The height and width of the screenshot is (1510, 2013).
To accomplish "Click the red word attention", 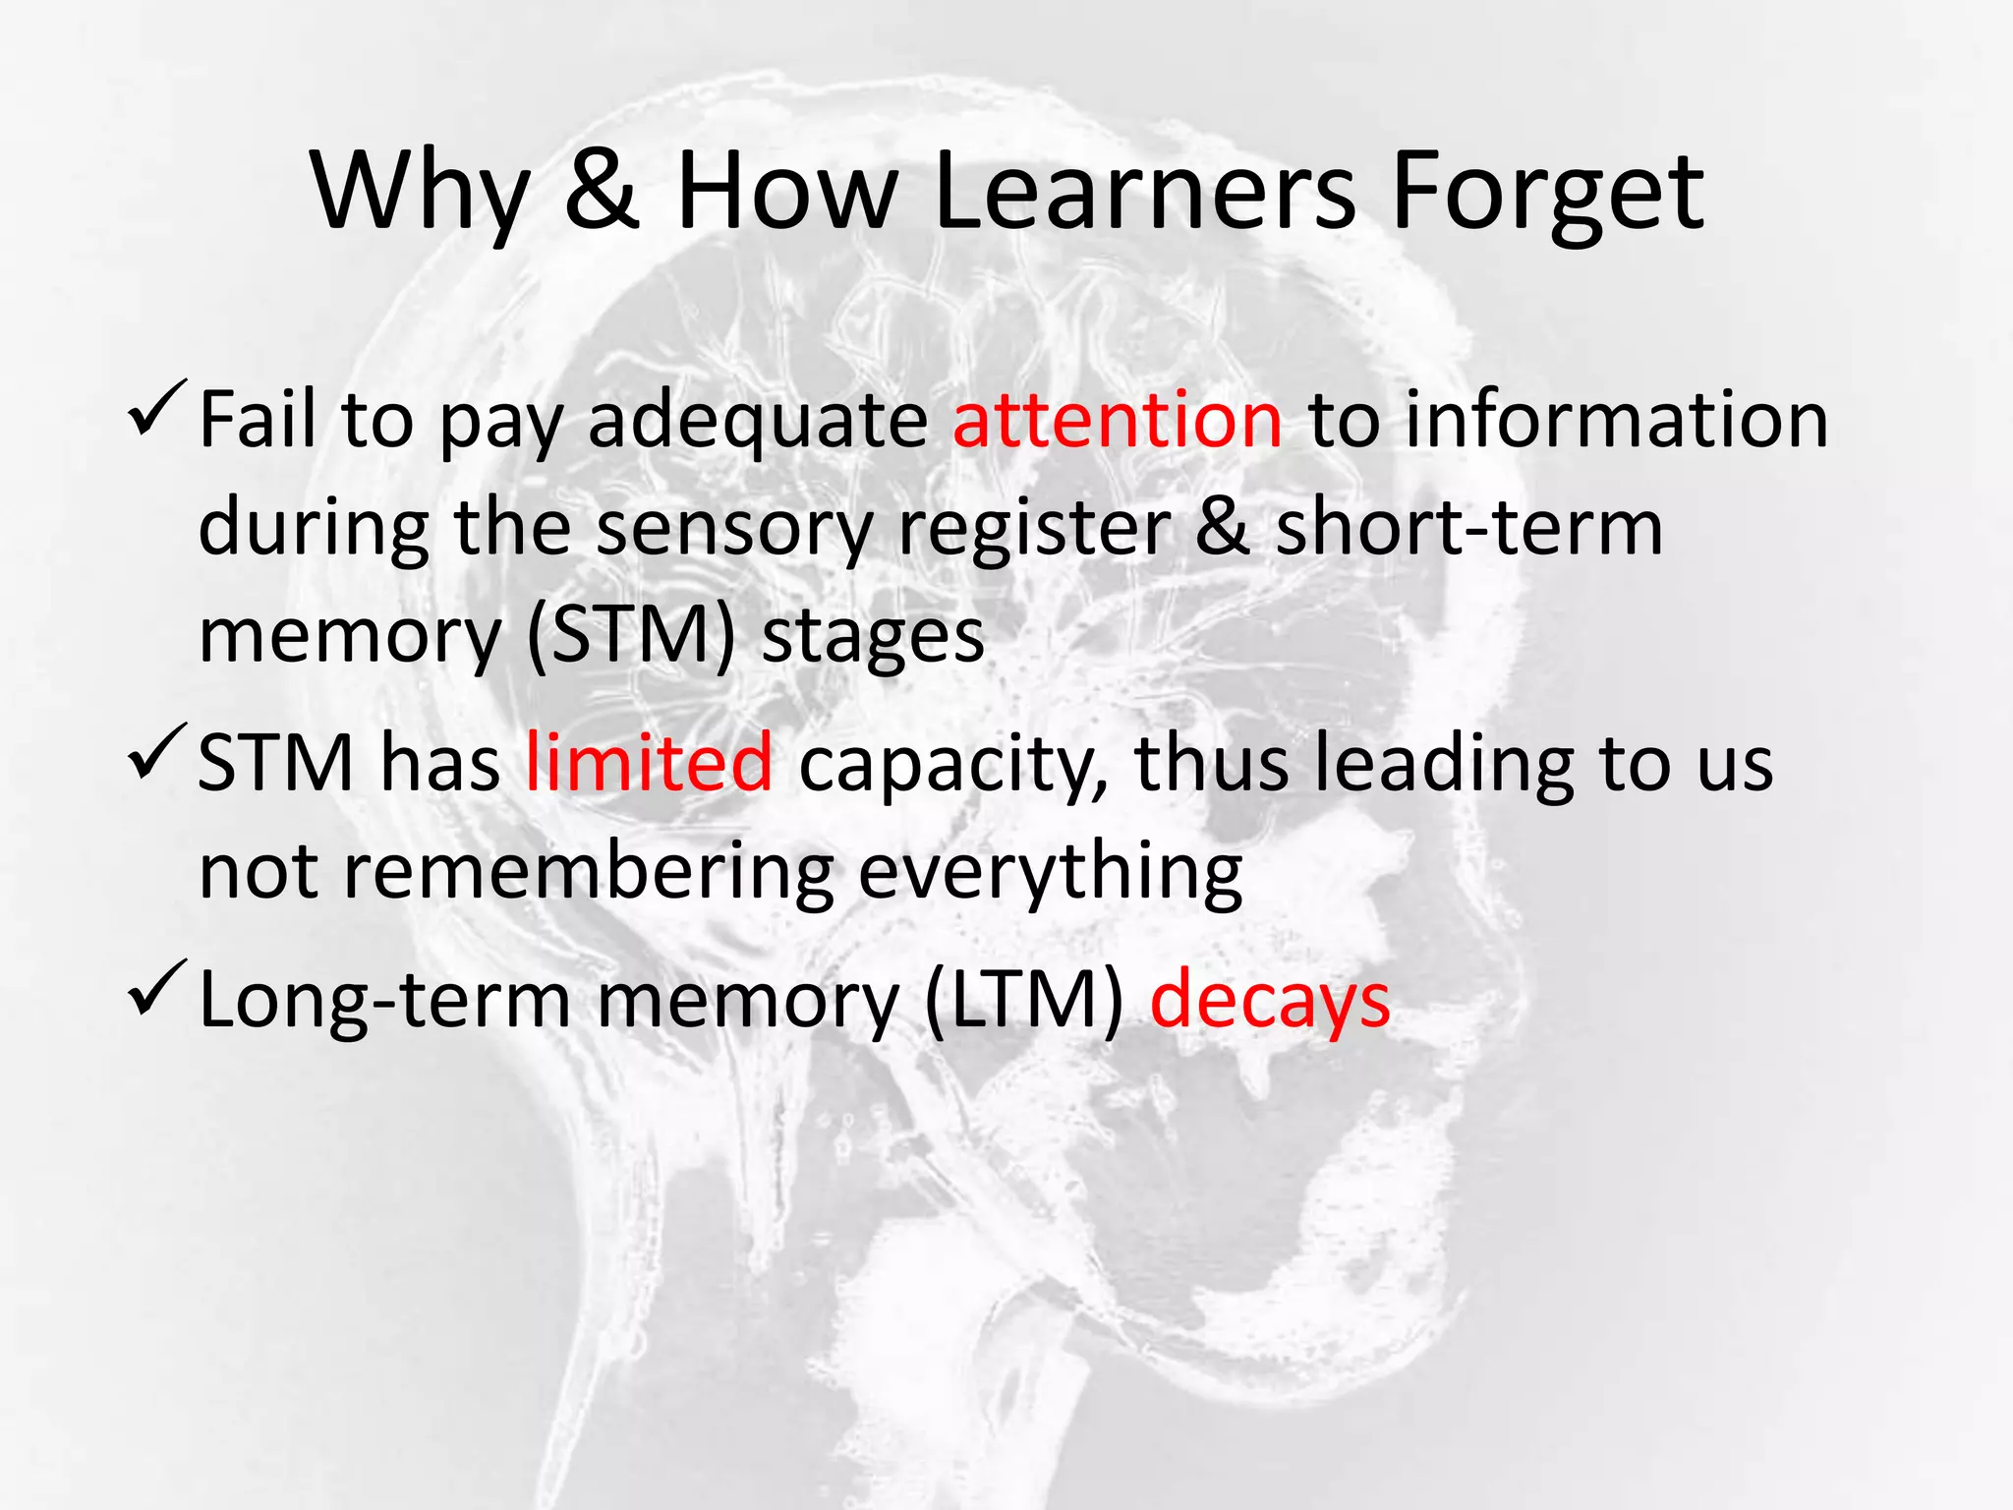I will (1117, 420).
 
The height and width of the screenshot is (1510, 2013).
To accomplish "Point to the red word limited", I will (649, 763).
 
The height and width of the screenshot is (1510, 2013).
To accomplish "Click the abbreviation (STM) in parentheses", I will (630, 637).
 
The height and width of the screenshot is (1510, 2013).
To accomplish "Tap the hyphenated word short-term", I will (1468, 528).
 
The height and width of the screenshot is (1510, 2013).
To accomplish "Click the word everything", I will (1050, 873).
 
